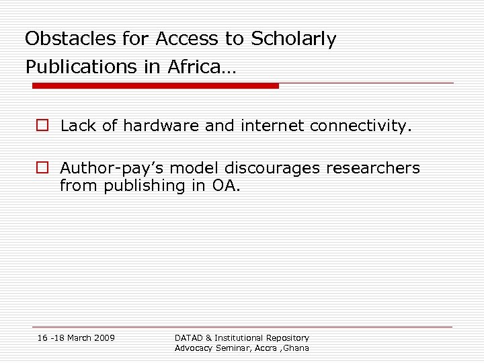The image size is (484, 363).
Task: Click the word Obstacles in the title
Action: (x=63, y=39)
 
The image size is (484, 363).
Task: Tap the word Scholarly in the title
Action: (x=293, y=40)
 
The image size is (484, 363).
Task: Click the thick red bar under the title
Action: (x=155, y=86)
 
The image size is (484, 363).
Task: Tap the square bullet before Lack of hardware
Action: (x=42, y=126)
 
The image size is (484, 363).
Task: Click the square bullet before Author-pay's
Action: (x=42, y=168)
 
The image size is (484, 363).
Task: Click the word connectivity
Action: (x=360, y=126)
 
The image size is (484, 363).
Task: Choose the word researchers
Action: (x=380, y=168)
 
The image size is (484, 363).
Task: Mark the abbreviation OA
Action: (x=225, y=185)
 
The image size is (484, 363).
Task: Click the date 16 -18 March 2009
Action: (x=76, y=337)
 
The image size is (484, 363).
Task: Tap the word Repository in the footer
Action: (x=286, y=337)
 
